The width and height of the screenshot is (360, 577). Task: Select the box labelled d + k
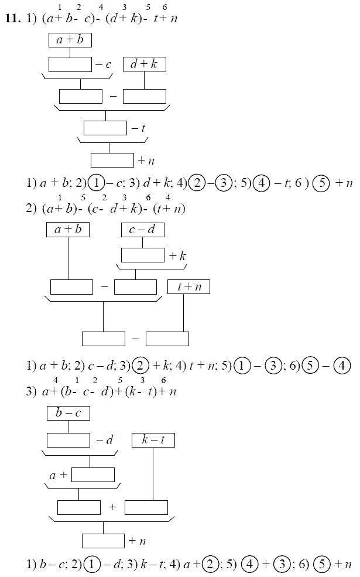[x=144, y=64]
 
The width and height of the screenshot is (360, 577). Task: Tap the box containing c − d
[x=143, y=230]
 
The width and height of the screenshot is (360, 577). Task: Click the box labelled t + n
[x=188, y=287]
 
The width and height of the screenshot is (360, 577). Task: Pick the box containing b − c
[x=68, y=413]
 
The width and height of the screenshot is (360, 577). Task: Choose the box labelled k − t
[x=153, y=440]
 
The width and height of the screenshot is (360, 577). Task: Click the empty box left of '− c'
[x=70, y=64]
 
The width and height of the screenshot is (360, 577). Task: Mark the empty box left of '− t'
[x=105, y=128]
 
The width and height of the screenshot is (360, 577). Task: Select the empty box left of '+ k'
[x=143, y=255]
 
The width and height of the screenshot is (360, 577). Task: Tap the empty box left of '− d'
[x=68, y=440]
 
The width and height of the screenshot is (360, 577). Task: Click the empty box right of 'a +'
[x=93, y=474]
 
